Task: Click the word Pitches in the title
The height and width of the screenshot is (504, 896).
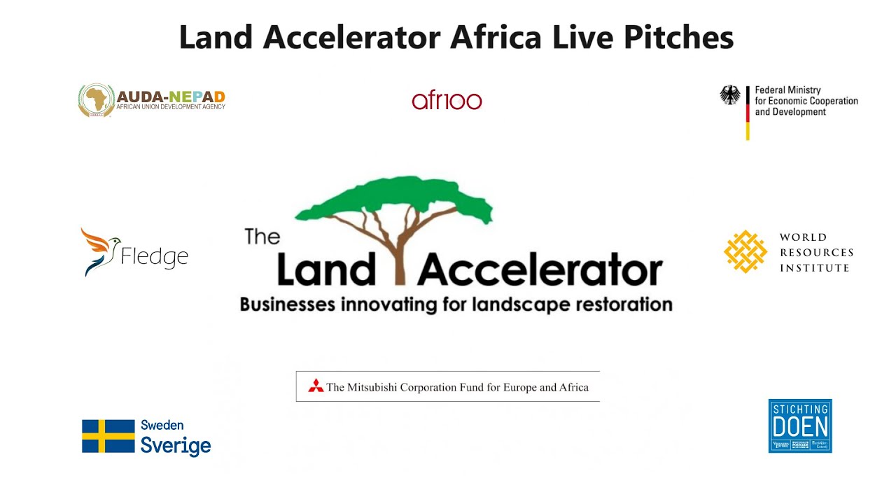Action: click(x=678, y=38)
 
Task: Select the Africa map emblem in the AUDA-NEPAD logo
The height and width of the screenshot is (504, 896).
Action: click(x=96, y=101)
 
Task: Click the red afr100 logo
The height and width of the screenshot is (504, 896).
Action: click(x=447, y=101)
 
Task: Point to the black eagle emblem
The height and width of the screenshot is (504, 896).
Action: click(x=730, y=95)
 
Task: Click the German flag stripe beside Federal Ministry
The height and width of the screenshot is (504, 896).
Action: click(x=748, y=113)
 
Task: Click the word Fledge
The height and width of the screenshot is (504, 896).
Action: click(x=155, y=256)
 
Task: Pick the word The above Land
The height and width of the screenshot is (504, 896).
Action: click(x=262, y=237)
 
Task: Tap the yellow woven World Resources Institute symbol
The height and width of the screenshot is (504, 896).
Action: click(x=745, y=251)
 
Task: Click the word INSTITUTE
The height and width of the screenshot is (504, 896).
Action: click(x=815, y=268)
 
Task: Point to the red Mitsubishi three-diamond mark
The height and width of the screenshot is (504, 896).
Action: click(x=316, y=386)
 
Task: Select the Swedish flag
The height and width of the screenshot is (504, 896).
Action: click(x=108, y=436)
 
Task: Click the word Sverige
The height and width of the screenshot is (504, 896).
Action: click(x=176, y=446)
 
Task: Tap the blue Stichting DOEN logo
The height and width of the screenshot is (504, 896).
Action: click(x=800, y=426)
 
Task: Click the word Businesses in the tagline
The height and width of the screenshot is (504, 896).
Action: click(x=289, y=304)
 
